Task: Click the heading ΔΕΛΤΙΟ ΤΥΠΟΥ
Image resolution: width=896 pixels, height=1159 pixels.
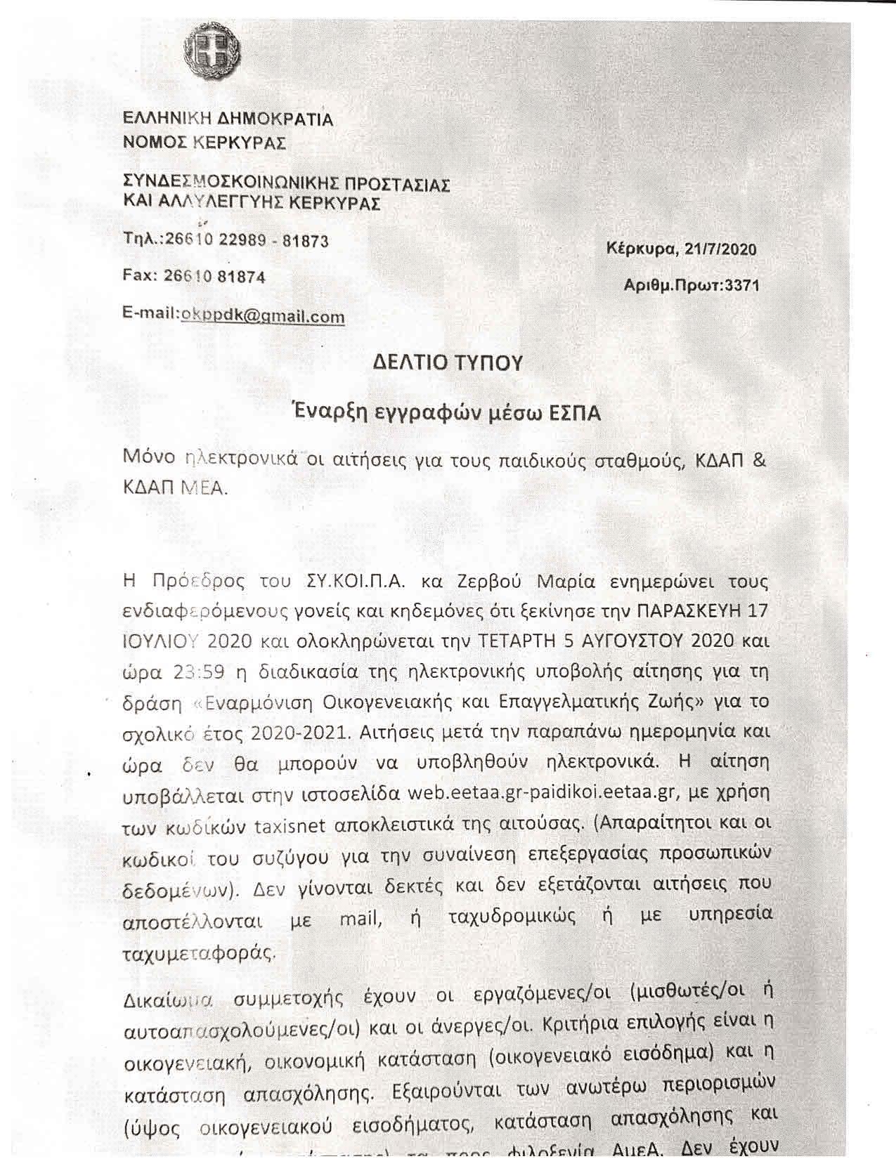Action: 448,362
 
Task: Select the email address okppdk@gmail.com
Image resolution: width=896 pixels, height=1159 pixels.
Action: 263,316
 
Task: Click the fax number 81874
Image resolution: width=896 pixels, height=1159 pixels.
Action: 242,277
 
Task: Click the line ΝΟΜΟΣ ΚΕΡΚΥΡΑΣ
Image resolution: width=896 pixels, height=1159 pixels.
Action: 204,143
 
